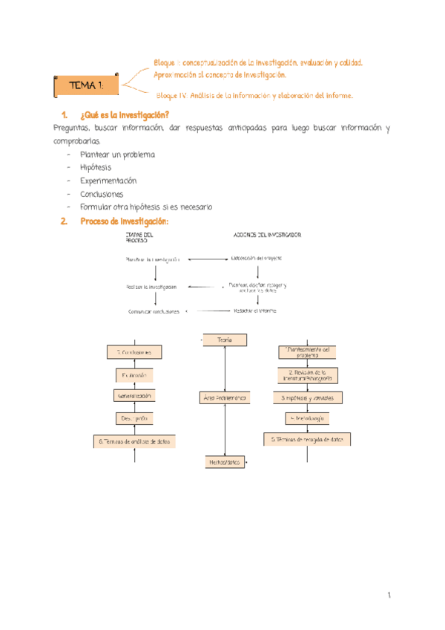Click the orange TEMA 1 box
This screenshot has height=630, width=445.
pos(88,86)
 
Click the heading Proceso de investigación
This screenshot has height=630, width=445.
pos(124,221)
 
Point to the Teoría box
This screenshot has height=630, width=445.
pos(225,340)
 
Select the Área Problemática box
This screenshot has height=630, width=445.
pos(225,399)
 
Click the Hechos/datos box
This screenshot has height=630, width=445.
pos(225,462)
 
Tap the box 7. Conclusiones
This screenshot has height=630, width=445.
pos(134,351)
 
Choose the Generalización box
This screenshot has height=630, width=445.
pos(134,396)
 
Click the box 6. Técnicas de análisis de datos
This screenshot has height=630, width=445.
pos(134,441)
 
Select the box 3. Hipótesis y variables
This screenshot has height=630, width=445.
pos(308,398)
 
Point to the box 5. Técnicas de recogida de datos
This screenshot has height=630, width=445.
pos(308,439)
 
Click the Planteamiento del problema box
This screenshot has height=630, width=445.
pos(308,352)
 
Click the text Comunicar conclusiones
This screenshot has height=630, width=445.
pos(154,312)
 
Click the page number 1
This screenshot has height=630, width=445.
pos(388,596)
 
